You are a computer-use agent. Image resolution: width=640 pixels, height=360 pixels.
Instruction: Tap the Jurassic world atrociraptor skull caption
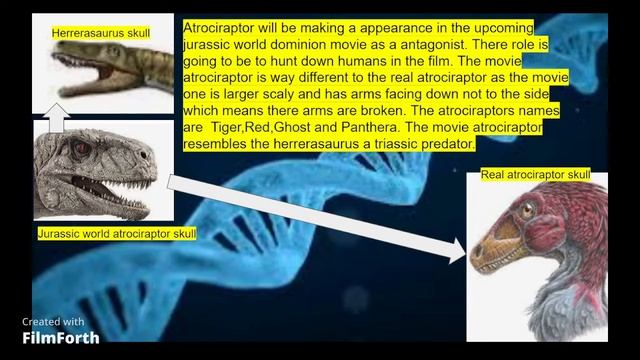(116, 233)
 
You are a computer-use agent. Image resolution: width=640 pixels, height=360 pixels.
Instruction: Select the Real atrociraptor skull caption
(535, 176)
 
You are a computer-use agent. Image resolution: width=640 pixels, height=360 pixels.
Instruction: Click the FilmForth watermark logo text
(61, 338)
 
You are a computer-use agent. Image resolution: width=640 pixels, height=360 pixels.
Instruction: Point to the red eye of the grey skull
(79, 148)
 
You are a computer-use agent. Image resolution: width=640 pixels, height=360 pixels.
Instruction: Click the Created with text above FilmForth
(53, 322)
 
